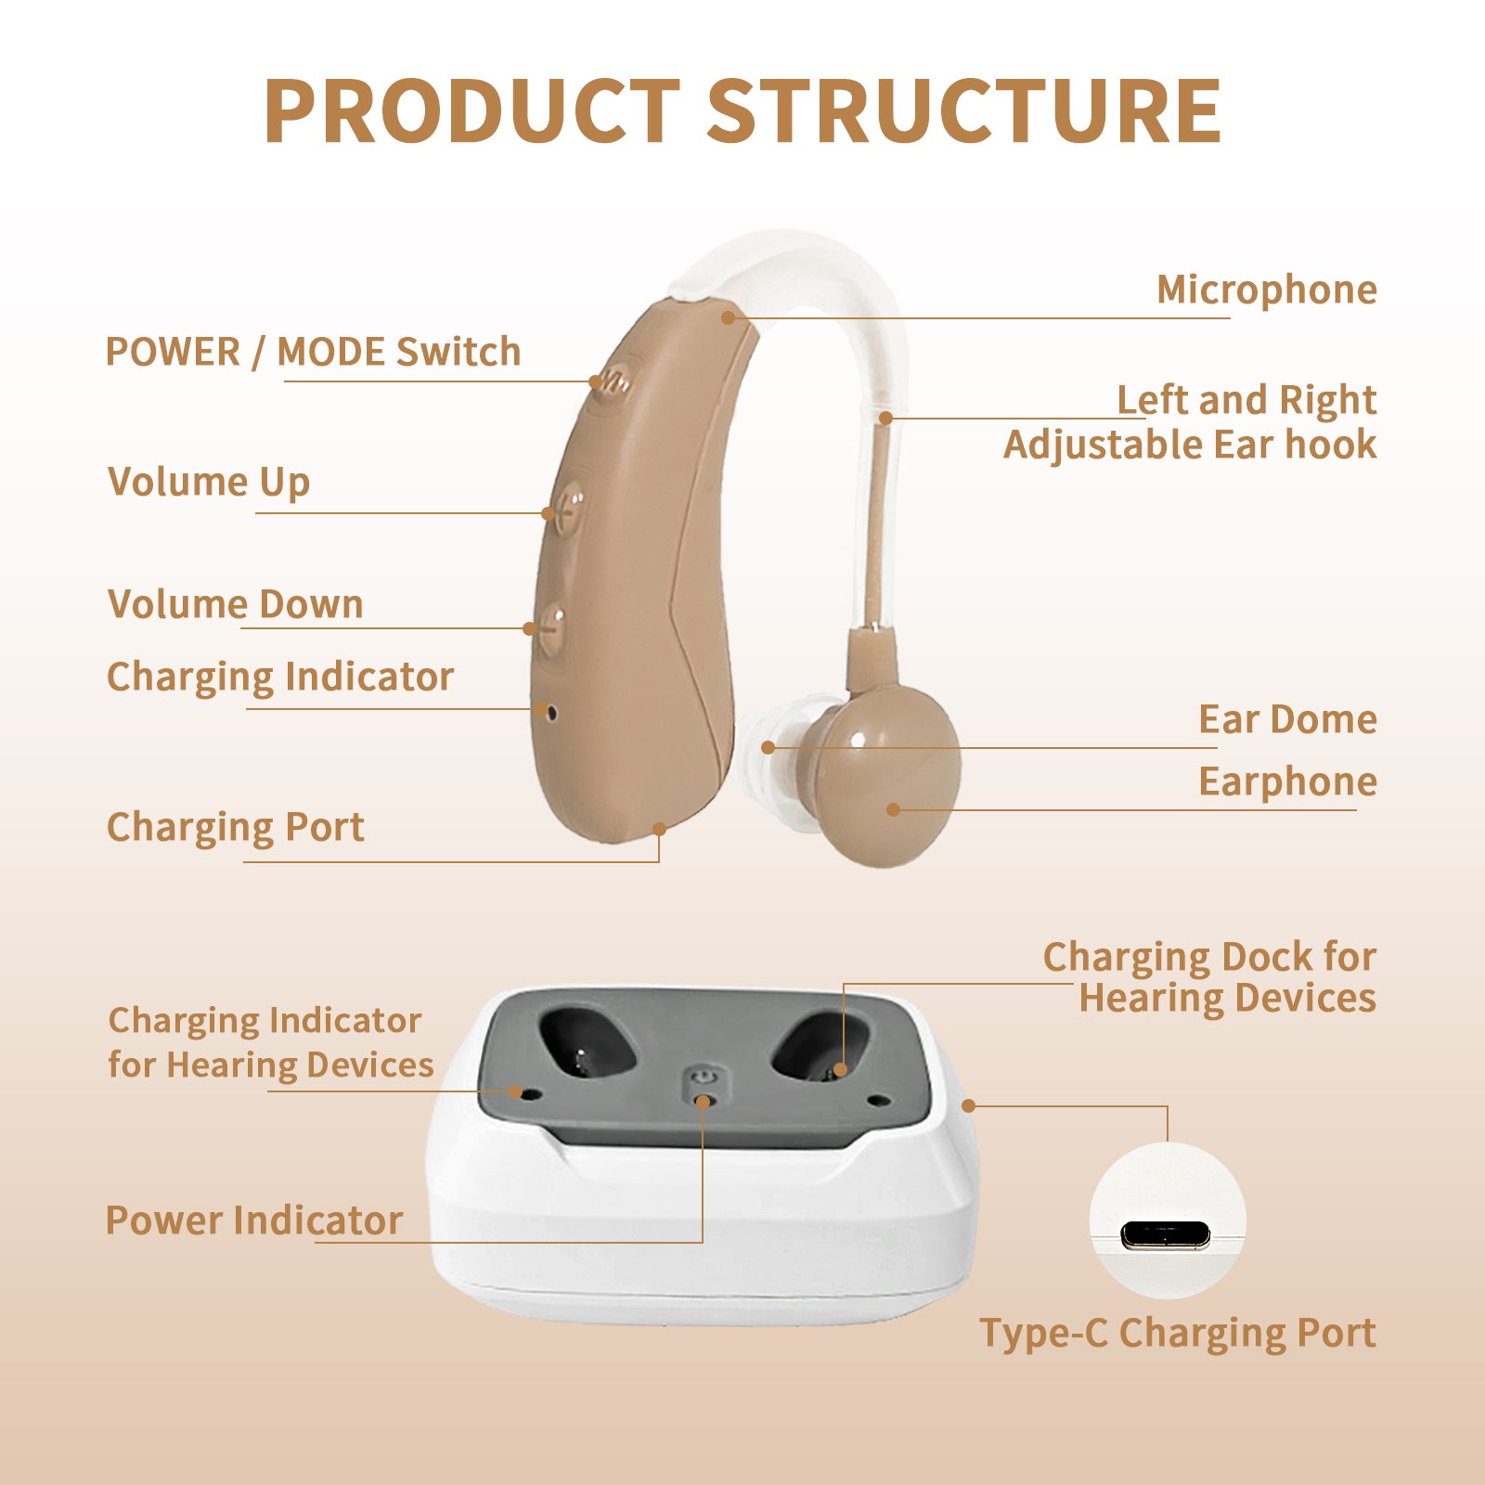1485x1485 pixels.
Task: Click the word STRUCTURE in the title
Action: [963, 111]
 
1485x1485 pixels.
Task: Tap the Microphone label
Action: [1267, 291]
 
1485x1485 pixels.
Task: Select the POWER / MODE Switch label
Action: [314, 352]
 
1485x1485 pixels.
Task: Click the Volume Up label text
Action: [209, 483]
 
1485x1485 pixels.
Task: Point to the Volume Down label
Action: [236, 604]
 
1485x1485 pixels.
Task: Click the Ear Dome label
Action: [1288, 719]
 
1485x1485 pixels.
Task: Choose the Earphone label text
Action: [1288, 782]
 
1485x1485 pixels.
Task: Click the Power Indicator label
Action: [254, 1220]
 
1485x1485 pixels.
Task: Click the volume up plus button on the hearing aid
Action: [569, 507]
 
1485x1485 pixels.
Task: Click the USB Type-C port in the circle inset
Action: [1166, 1234]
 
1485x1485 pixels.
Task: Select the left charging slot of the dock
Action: [588, 1043]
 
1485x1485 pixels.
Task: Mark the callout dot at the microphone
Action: [729, 317]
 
